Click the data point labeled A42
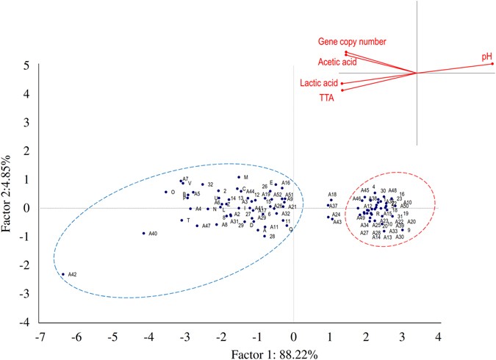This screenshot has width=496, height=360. (62, 275)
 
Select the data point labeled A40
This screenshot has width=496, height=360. (143, 234)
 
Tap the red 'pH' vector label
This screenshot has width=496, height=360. (486, 56)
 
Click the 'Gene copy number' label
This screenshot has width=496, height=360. (351, 41)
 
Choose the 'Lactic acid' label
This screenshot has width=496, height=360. (319, 83)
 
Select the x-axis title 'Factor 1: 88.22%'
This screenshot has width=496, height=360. (238, 353)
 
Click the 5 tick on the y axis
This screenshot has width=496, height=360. (26, 65)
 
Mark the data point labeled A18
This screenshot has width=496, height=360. (331, 200)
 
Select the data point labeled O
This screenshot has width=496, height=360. (166, 192)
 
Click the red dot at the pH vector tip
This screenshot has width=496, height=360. (492, 64)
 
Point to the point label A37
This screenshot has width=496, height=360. (333, 206)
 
